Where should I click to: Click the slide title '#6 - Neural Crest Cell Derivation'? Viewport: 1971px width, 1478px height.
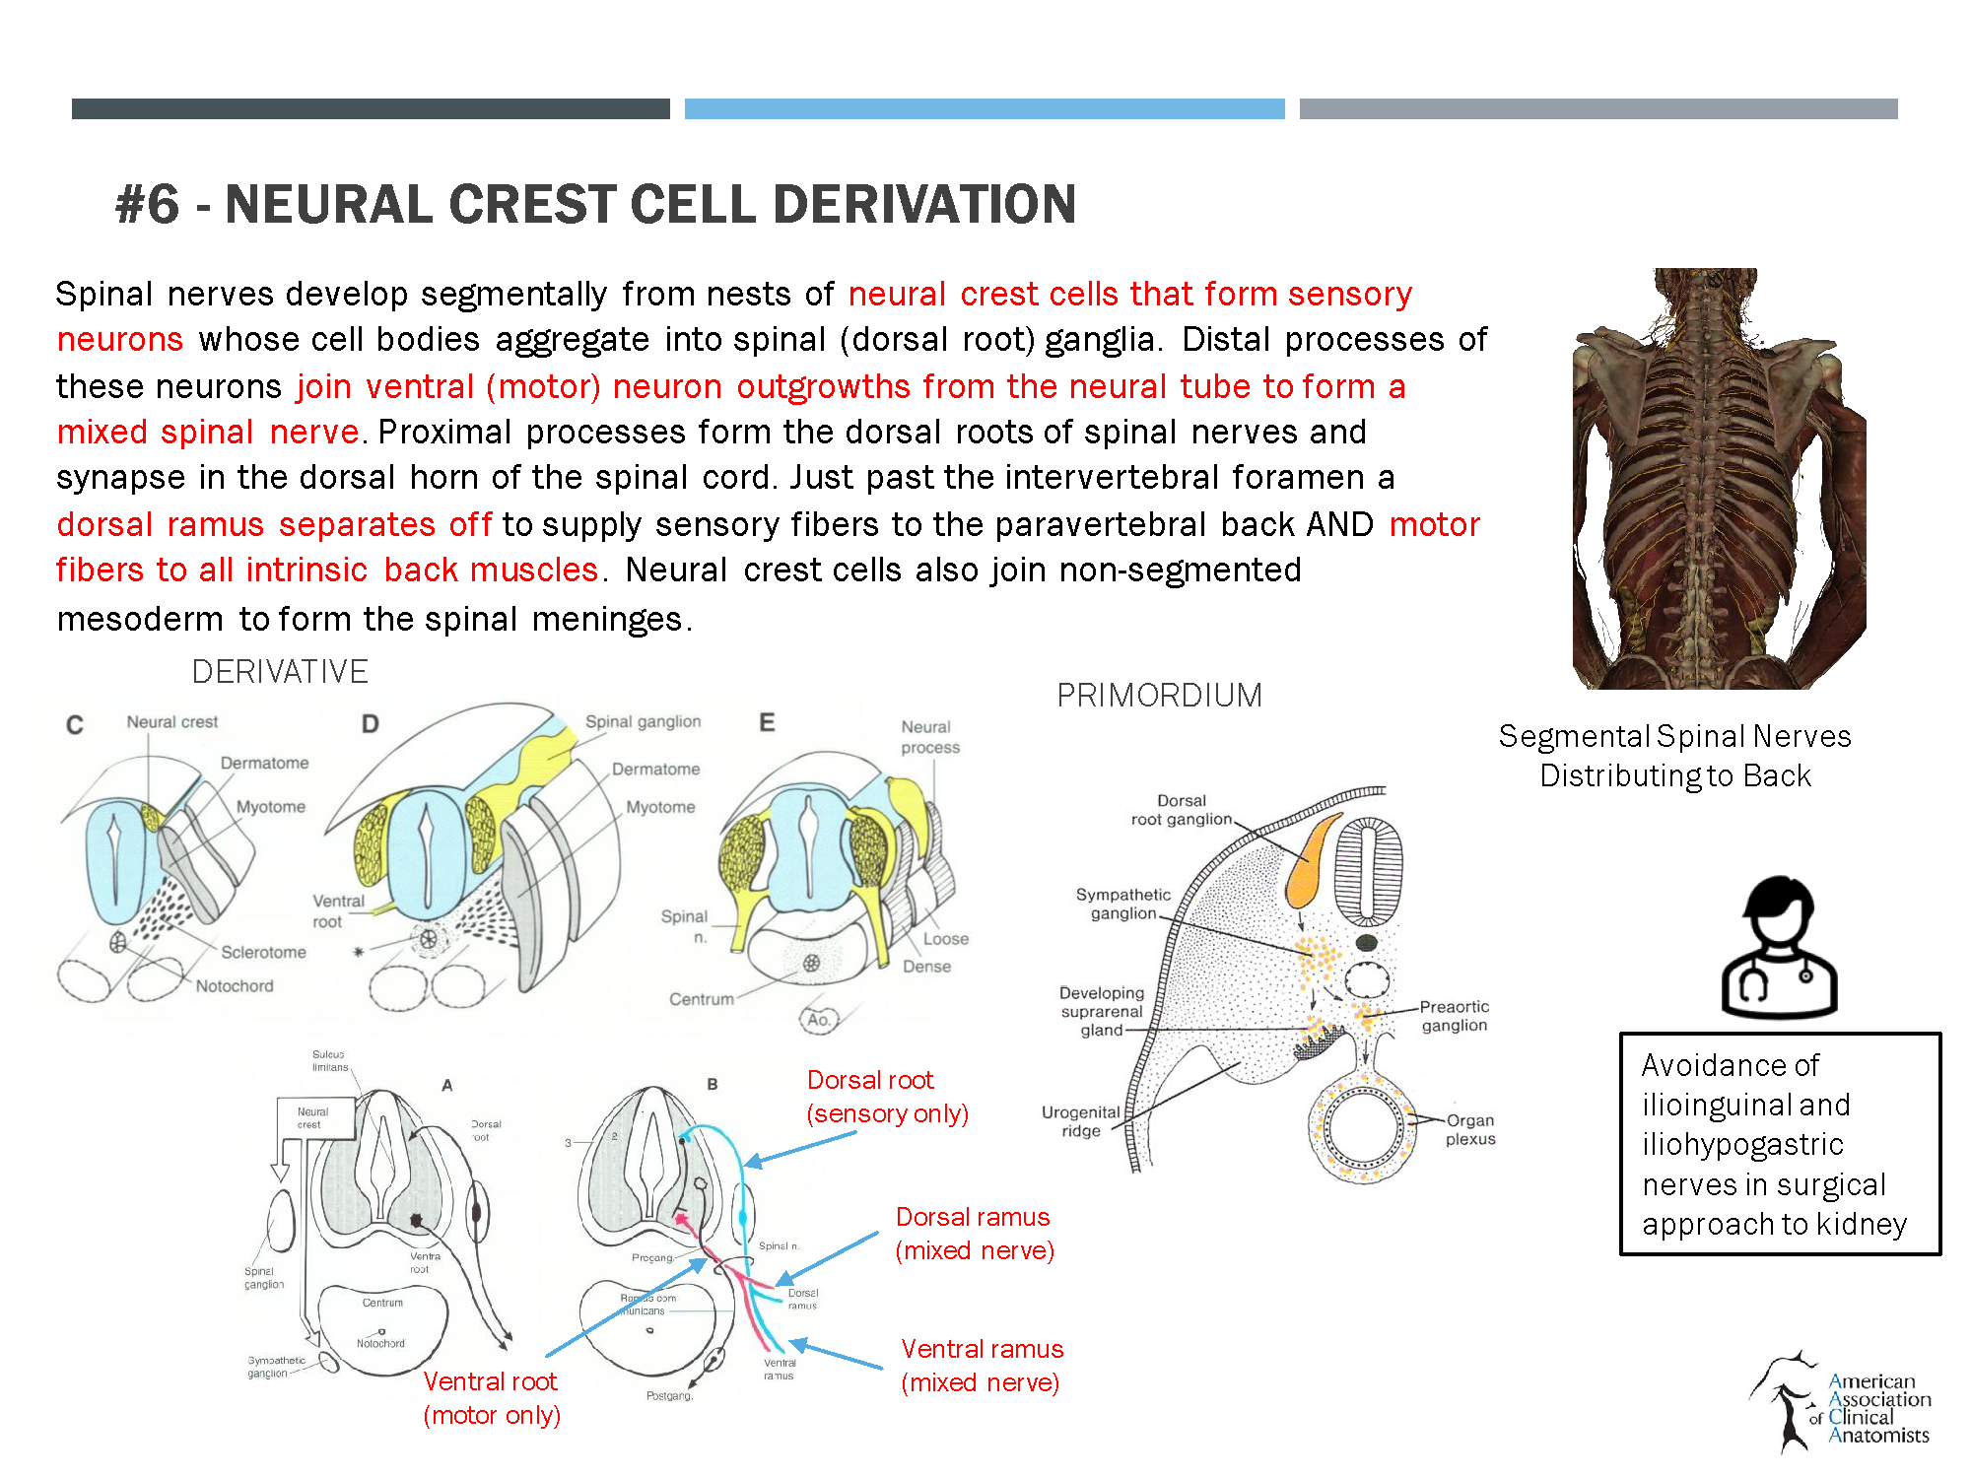click(595, 205)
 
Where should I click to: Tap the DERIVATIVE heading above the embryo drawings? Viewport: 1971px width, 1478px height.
click(280, 672)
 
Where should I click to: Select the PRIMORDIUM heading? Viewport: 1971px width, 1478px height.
click(1159, 696)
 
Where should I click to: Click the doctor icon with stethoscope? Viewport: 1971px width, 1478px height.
click(1779, 948)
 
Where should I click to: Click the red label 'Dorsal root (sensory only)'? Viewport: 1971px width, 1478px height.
click(887, 1097)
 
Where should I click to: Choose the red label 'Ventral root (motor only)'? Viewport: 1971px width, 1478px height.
click(491, 1398)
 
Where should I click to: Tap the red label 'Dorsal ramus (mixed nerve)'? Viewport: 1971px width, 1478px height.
click(974, 1234)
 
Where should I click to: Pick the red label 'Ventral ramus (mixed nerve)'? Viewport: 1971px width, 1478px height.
click(982, 1366)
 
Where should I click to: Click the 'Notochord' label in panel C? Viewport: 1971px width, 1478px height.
click(235, 986)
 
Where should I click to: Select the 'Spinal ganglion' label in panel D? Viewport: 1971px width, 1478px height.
click(643, 722)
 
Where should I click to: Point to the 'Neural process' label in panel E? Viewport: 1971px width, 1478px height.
click(929, 737)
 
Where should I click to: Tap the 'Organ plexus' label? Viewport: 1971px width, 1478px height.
click(1469, 1130)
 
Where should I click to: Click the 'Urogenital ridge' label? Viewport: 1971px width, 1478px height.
click(1080, 1121)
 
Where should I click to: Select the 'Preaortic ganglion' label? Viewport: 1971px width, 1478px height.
click(1454, 1016)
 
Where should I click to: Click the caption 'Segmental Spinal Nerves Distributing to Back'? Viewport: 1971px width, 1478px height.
click(1674, 756)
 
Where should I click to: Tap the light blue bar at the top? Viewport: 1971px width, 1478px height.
click(984, 108)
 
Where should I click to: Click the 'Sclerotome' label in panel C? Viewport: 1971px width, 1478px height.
click(263, 953)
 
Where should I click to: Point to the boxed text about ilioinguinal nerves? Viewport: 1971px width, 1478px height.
click(1780, 1144)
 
